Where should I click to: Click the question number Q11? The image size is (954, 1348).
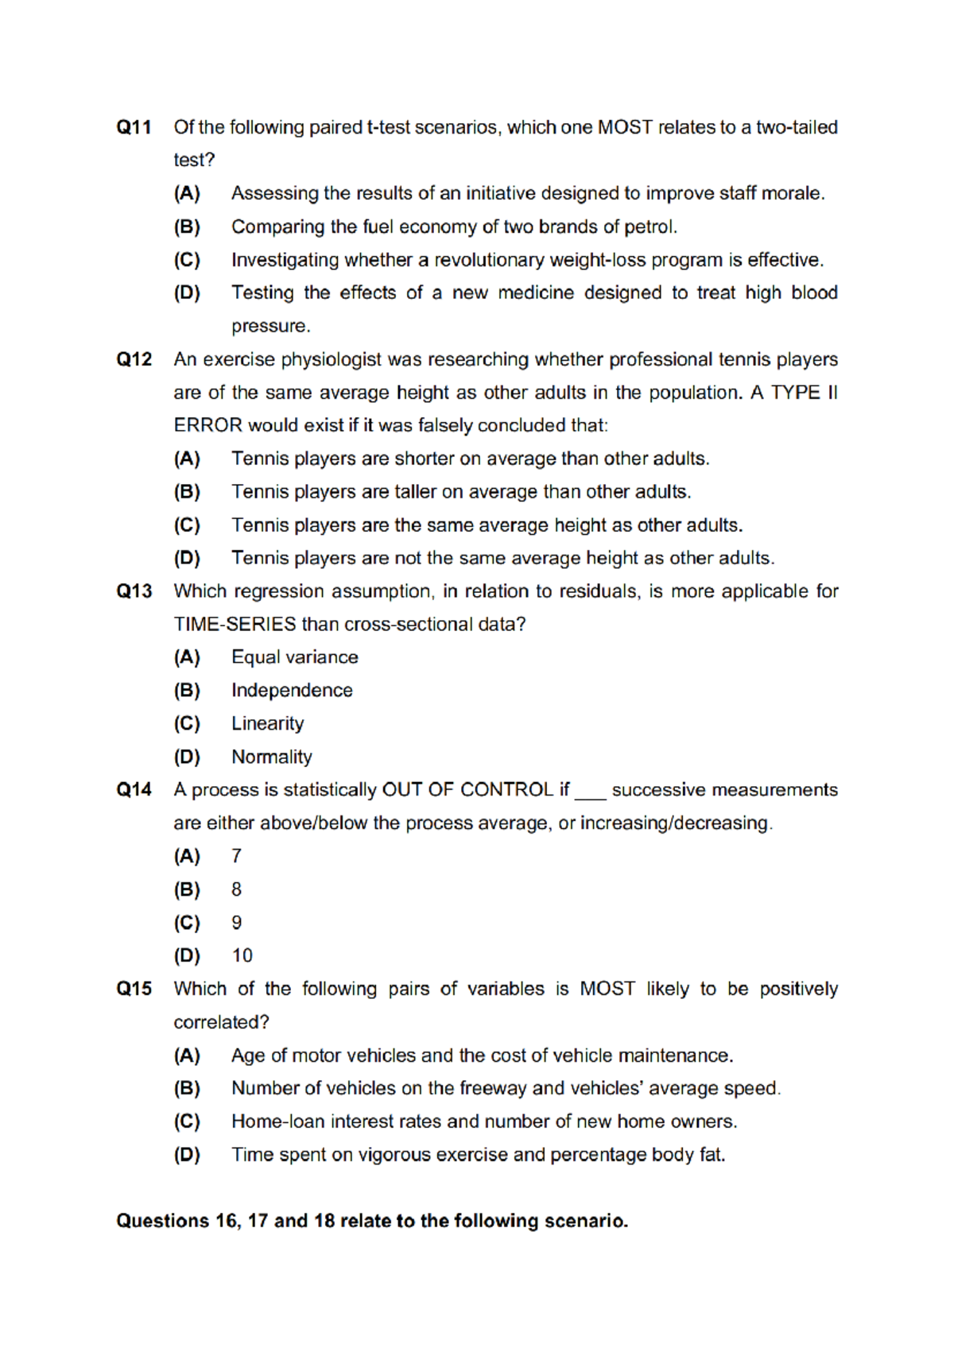tap(134, 127)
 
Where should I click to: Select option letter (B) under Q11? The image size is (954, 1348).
tap(187, 227)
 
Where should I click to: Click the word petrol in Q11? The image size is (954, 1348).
tap(650, 227)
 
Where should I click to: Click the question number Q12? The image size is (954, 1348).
tap(134, 359)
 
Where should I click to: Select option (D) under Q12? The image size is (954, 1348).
tap(187, 558)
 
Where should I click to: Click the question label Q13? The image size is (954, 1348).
tap(134, 591)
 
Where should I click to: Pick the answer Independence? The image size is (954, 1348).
tap(292, 691)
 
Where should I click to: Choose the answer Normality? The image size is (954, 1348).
tap(271, 757)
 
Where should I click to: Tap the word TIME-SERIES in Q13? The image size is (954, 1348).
tap(235, 625)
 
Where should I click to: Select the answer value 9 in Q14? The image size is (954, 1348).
tap(236, 923)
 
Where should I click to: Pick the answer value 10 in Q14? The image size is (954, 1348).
tap(242, 955)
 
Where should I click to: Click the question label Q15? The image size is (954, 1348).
tap(134, 989)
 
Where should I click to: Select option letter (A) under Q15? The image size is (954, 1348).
tap(187, 1056)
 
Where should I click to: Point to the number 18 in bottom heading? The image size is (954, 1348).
tap(324, 1221)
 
